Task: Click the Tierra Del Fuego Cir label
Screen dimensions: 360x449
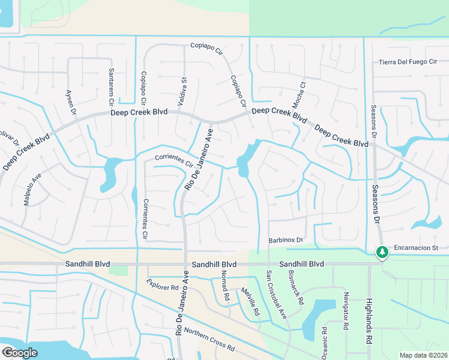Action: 414,62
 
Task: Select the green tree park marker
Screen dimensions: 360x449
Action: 381,252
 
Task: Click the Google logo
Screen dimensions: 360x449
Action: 20,353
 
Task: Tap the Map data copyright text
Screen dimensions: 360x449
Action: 423,355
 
